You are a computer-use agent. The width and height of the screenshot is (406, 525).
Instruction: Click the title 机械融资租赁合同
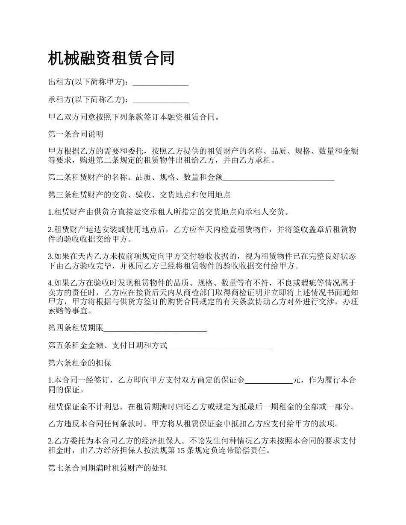pyautogui.click(x=111, y=58)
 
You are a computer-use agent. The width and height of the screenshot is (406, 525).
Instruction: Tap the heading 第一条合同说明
pyautogui.click(x=76, y=134)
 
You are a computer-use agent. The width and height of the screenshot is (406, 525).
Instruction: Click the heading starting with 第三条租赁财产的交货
pyautogui.click(x=139, y=195)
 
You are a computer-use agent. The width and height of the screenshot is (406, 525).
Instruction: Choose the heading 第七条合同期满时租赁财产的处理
pyautogui.click(x=107, y=468)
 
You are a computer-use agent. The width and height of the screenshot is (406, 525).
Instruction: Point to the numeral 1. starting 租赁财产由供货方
pyautogui.click(x=51, y=212)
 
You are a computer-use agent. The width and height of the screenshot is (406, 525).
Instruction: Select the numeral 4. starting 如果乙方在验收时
pyautogui.click(x=51, y=283)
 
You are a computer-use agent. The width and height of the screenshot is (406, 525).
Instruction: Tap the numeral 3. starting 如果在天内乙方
pyautogui.click(x=51, y=256)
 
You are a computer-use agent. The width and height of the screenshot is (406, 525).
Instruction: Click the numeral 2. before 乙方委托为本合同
pyautogui.click(x=51, y=441)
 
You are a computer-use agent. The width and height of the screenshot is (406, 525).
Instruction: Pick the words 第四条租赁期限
pyautogui.click(x=76, y=328)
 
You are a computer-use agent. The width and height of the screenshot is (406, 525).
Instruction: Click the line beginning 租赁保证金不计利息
pyautogui.click(x=201, y=407)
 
